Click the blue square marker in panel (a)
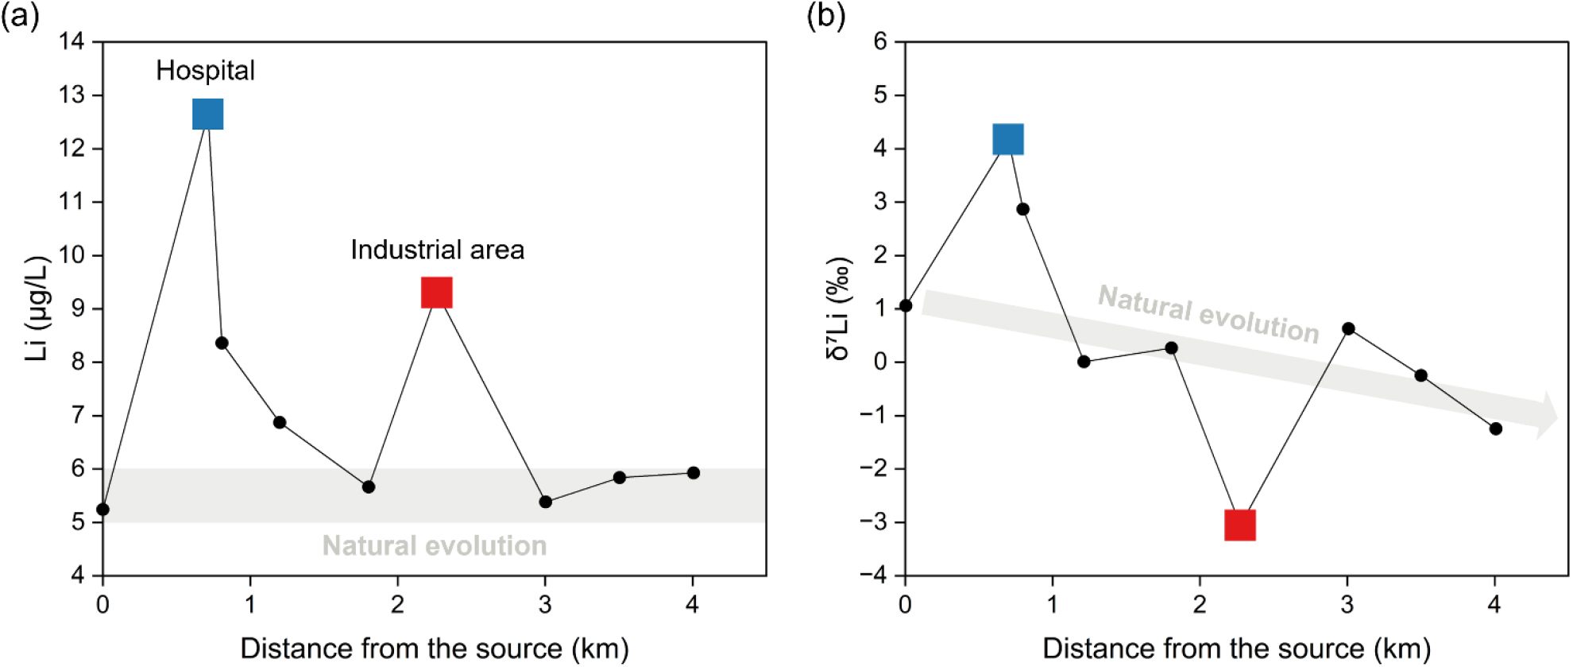tap(208, 114)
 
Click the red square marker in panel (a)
tap(436, 293)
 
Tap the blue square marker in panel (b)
tap(1008, 139)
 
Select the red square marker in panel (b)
tap(1239, 525)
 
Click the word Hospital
tap(205, 71)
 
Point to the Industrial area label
tap(437, 250)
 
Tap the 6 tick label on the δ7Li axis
tap(880, 41)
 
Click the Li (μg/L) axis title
tap(37, 308)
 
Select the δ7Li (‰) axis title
tap(839, 308)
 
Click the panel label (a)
tap(20, 16)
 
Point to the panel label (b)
tap(825, 16)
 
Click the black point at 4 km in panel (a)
tap(694, 473)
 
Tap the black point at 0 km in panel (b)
tap(906, 306)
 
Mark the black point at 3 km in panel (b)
tap(1348, 328)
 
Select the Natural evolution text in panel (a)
tap(435, 546)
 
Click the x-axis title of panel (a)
tap(435, 649)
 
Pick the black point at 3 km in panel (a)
tap(545, 502)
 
